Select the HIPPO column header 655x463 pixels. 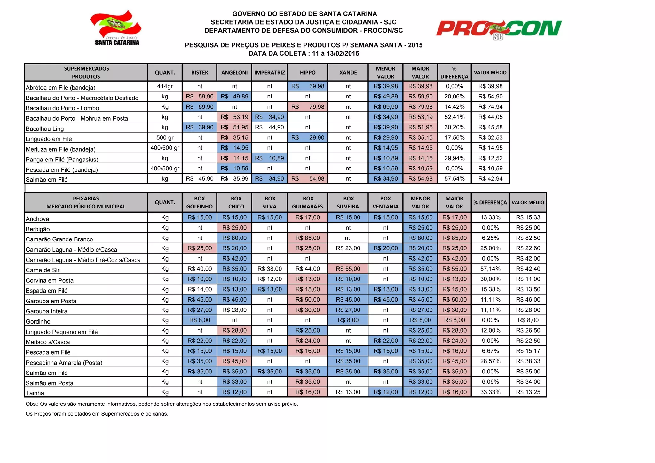pyautogui.click(x=307, y=73)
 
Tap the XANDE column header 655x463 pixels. pyautogui.click(x=348, y=73)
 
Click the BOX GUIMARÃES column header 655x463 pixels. pyautogui.click(x=307, y=202)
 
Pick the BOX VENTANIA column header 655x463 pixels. pyautogui.click(x=385, y=202)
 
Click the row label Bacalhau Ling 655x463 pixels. pyautogui.click(x=45, y=129)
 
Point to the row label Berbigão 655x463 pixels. pyautogui.click(x=38, y=229)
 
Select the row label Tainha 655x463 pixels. pyautogui.click(x=35, y=393)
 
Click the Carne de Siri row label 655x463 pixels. pyautogui.click(x=43, y=270)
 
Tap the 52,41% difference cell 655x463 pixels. pyautogui.click(x=454, y=117)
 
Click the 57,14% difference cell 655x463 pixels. pyautogui.click(x=490, y=269)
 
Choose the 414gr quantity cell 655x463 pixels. pyautogui.click(x=165, y=86)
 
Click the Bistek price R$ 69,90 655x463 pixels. pyautogui.click(x=200, y=107)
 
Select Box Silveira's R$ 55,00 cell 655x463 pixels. pyautogui.click(x=348, y=269)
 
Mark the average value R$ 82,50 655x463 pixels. pyautogui.click(x=528, y=238)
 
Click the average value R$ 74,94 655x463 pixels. pyautogui.click(x=490, y=107)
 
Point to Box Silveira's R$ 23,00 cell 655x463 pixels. pyautogui.click(x=348, y=248)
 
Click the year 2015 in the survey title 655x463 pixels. pyautogui.click(x=415, y=45)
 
